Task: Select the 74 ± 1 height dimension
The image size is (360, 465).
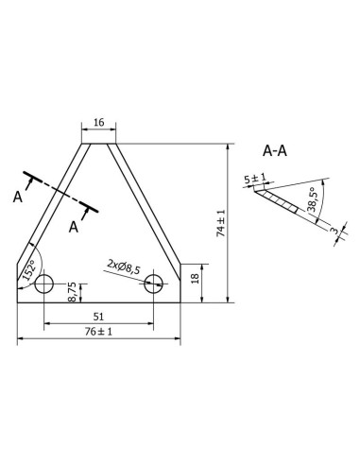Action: [x=221, y=224]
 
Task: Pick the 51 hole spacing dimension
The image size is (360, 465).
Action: [x=98, y=318]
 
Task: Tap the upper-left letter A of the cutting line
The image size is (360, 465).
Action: [x=18, y=197]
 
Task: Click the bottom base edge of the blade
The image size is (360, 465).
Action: [x=98, y=302]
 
